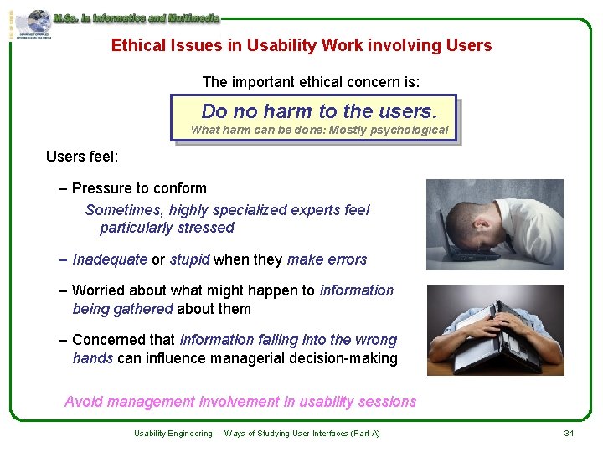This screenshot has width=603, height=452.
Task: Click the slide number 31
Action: (568, 433)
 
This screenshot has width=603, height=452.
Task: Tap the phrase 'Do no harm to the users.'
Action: (319, 111)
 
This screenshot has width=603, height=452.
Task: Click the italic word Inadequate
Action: (110, 259)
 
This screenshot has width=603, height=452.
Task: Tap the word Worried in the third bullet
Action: (100, 290)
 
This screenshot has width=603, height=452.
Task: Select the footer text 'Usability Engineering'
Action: (173, 434)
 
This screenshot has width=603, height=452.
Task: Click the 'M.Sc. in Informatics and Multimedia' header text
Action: (136, 17)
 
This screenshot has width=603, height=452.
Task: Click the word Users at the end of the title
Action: (470, 46)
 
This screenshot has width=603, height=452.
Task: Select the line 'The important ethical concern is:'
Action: (311, 82)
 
